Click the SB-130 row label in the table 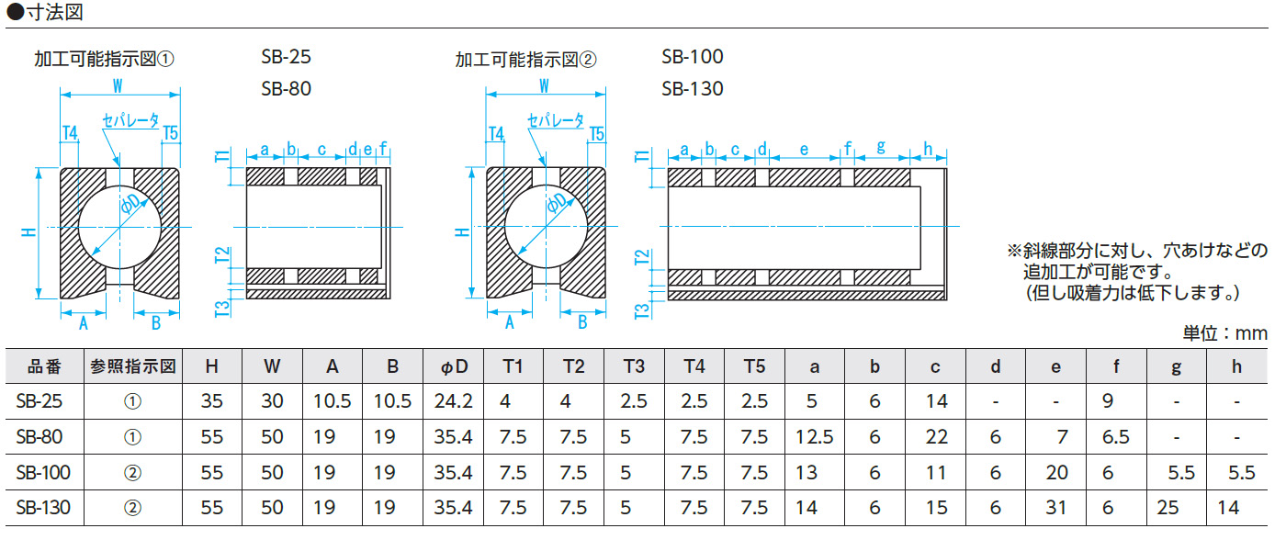tap(43, 508)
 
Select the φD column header tap(454, 366)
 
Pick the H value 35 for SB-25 tap(211, 401)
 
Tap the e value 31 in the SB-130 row tap(1056, 508)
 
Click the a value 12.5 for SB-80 tap(814, 437)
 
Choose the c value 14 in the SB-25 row tap(936, 401)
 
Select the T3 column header tap(634, 366)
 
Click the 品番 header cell tap(43, 366)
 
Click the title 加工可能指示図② tap(525, 60)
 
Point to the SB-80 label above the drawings tap(286, 89)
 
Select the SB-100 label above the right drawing tap(692, 57)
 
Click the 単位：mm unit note tap(1224, 332)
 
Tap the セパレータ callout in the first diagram tap(131, 120)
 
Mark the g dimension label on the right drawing tap(880, 148)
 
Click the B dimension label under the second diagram tap(582, 322)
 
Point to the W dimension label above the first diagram tap(119, 86)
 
